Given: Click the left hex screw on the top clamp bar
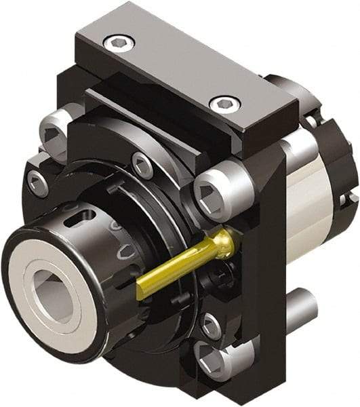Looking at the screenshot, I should (x=119, y=42).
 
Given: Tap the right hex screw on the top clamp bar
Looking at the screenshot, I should (x=224, y=104).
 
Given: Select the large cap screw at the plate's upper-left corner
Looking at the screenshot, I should (x=54, y=131).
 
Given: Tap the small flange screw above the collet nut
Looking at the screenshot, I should (x=142, y=165).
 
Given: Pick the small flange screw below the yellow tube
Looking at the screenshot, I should (x=211, y=326).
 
